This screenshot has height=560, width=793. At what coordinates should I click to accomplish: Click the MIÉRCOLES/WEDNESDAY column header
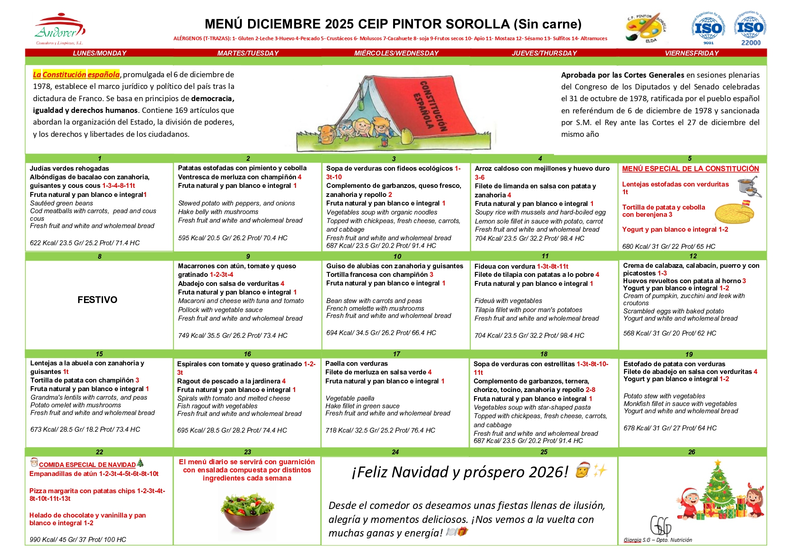coord(396,53)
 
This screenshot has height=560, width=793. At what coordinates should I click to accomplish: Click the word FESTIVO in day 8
coord(97,300)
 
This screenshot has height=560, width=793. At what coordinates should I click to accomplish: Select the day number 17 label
coord(396,354)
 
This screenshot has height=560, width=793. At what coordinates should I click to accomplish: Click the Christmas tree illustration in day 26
coord(718,490)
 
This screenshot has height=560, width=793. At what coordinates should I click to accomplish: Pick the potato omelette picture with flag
coord(734,212)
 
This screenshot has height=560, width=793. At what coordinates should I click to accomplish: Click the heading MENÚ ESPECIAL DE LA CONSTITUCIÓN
coord(690,169)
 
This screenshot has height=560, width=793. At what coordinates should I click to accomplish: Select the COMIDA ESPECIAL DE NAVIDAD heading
coord(87,465)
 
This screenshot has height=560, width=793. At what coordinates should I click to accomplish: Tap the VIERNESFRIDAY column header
coord(692,53)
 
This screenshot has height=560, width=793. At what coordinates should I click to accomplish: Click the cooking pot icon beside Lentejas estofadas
coord(749,186)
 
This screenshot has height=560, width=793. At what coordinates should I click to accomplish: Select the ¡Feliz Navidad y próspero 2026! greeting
coord(460,472)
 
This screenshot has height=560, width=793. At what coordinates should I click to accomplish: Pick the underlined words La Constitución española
coord(76,75)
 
